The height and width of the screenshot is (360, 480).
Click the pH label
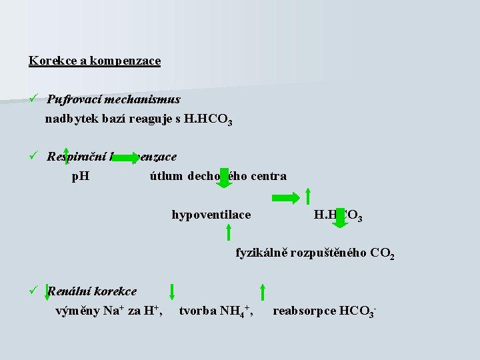(81, 177)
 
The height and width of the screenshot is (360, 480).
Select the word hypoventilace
(211, 215)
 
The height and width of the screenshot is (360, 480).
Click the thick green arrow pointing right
(285, 198)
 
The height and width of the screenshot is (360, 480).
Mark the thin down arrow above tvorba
(172, 291)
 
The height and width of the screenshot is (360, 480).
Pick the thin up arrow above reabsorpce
(263, 291)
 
